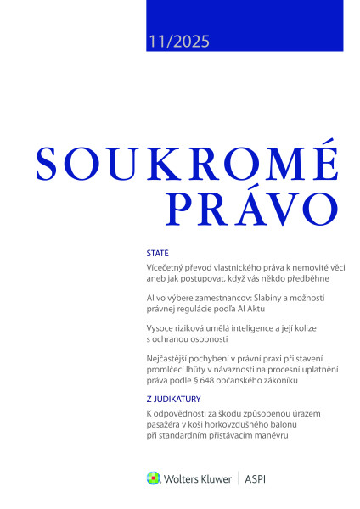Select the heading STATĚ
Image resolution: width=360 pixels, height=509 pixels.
coord(157,253)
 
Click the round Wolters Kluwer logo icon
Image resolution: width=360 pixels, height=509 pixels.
coord(154,478)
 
